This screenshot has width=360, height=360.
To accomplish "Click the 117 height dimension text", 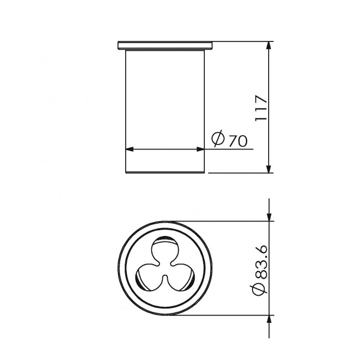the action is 261,107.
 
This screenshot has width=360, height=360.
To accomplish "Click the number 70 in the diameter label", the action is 238,141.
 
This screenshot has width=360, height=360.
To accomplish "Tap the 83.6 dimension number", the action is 261,262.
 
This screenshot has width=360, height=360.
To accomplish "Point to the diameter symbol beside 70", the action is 218,138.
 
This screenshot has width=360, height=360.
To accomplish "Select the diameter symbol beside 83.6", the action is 259,289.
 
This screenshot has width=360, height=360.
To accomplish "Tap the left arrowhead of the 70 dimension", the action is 130,149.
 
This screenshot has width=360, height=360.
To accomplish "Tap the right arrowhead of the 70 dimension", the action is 200,149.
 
